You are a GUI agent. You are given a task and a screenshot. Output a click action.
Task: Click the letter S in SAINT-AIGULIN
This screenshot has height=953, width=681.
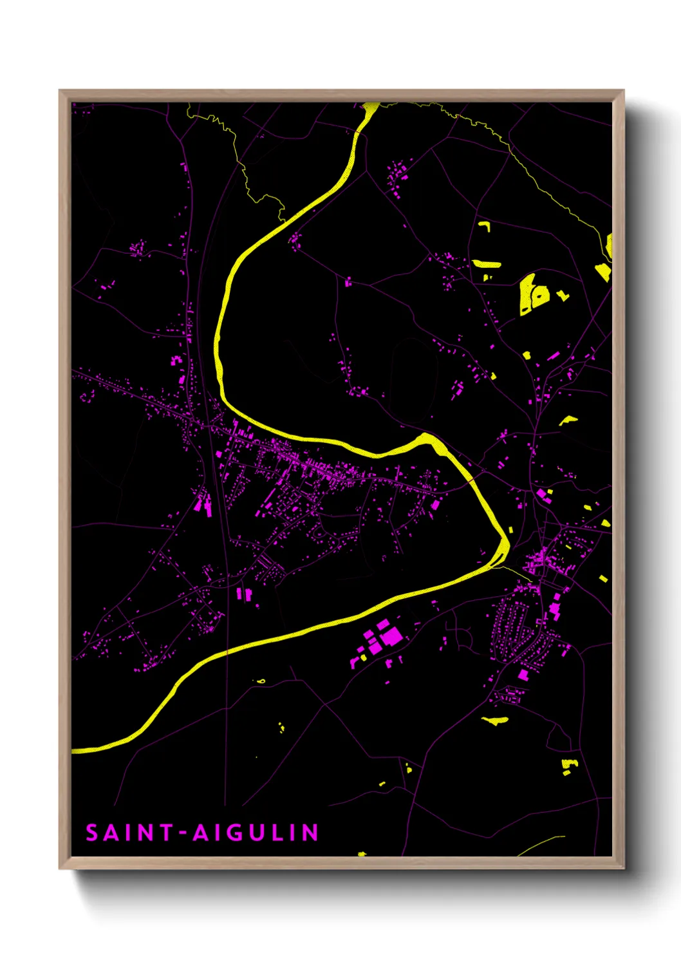click(x=92, y=833)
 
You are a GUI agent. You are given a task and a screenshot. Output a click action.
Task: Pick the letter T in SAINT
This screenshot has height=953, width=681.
click(x=166, y=833)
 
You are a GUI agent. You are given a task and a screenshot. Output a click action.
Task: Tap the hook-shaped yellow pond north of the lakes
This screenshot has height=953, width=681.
click(x=485, y=225)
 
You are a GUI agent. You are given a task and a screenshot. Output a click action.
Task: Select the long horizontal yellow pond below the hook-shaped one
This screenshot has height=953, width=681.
click(x=487, y=263)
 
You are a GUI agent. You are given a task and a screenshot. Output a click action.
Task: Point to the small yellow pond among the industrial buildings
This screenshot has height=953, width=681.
click(x=363, y=657)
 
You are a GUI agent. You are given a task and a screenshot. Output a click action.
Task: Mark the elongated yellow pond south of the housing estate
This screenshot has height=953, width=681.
click(x=494, y=720)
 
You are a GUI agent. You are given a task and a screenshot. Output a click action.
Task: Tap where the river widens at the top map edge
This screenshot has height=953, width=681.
click(x=370, y=109)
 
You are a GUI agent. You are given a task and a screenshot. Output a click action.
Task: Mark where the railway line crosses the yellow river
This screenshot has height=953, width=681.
click(x=227, y=652)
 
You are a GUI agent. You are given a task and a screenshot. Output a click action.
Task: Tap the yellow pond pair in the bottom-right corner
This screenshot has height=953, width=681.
click(x=568, y=766)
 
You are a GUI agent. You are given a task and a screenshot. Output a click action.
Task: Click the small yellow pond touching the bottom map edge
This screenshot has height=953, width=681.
click(x=361, y=854)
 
